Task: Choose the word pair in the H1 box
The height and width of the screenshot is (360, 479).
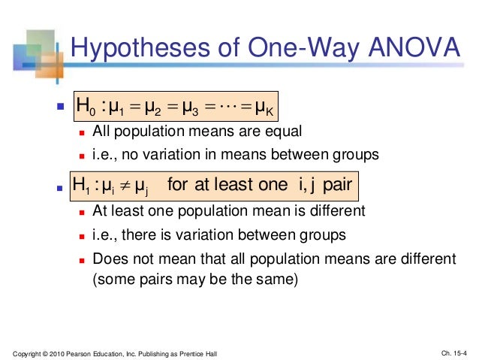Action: tap(333, 183)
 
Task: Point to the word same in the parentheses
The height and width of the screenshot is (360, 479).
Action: tap(278, 281)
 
